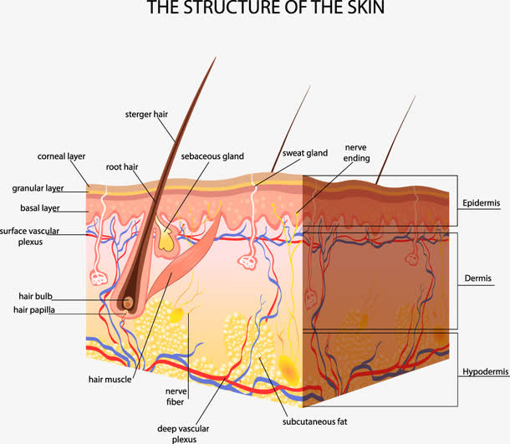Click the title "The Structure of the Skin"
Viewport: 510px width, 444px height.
pyautogui.click(x=255, y=9)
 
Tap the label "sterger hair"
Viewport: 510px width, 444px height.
pyautogui.click(x=146, y=114)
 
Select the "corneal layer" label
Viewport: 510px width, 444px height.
pyautogui.click(x=61, y=156)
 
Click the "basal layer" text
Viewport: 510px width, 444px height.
pyautogui.click(x=40, y=207)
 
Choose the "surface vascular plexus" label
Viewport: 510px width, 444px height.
pyautogui.click(x=33, y=235)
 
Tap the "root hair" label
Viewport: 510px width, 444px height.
pyautogui.click(x=121, y=166)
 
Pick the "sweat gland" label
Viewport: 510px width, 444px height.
pyautogui.click(x=304, y=153)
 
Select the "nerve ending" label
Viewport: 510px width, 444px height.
pyautogui.click(x=355, y=151)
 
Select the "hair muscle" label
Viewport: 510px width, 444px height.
pyautogui.click(x=107, y=378)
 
